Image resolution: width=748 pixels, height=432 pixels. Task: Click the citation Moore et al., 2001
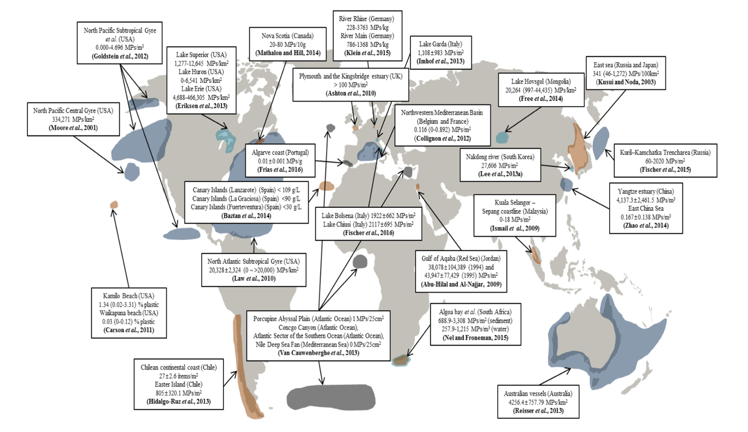coord(73,128)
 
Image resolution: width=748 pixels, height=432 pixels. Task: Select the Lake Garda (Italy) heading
coord(441,44)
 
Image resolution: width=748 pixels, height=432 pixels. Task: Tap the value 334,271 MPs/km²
coord(73,119)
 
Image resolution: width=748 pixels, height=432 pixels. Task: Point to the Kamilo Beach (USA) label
coord(128,296)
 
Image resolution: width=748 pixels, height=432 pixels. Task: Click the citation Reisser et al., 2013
coord(538,411)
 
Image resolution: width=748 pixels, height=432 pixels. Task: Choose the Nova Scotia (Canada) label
coord(287,36)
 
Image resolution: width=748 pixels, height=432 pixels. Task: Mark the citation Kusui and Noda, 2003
coord(626,82)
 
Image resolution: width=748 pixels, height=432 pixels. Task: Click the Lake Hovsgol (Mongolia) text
coord(541,81)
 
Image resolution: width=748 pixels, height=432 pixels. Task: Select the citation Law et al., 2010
coord(253,279)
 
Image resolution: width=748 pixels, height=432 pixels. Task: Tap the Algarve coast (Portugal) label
coord(280,152)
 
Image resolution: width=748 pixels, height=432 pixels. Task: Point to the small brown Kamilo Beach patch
coord(114,204)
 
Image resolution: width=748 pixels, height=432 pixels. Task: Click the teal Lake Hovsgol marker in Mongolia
coord(502,137)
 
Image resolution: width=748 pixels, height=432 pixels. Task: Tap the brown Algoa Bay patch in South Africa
coord(402,360)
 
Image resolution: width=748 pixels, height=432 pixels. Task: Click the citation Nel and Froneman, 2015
coord(475,338)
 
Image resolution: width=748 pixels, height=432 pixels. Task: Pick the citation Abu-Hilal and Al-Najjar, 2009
coord(461,284)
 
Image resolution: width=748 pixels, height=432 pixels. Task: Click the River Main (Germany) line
coord(367,36)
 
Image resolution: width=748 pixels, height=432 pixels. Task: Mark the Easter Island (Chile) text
coord(178,384)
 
